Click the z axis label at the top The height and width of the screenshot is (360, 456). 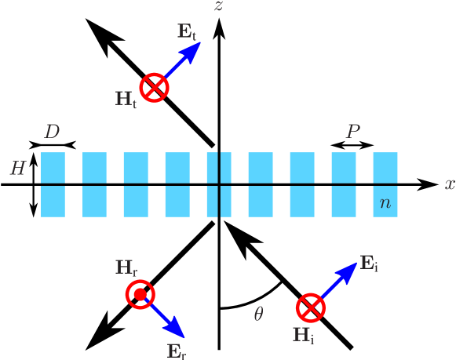(219, 7)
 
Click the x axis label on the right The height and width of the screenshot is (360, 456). (450, 184)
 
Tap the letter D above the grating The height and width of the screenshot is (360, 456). (52, 132)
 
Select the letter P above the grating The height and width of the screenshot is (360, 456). (353, 132)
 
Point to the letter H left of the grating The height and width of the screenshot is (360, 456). (17, 168)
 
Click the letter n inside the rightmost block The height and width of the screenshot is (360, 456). (385, 203)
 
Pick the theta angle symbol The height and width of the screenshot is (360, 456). (258, 315)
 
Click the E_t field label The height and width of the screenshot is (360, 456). (187, 32)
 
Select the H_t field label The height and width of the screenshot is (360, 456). (126, 100)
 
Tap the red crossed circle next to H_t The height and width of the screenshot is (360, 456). (154, 87)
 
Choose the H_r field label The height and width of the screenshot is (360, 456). (126, 267)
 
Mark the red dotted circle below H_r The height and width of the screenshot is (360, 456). (140, 295)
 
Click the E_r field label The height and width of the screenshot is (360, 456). (176, 351)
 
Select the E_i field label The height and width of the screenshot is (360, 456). (369, 264)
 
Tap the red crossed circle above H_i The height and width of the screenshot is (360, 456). (311, 307)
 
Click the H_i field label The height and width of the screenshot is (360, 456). (303, 336)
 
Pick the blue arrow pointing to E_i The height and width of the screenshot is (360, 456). (339, 282)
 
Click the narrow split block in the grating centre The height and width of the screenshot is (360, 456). (219, 184)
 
